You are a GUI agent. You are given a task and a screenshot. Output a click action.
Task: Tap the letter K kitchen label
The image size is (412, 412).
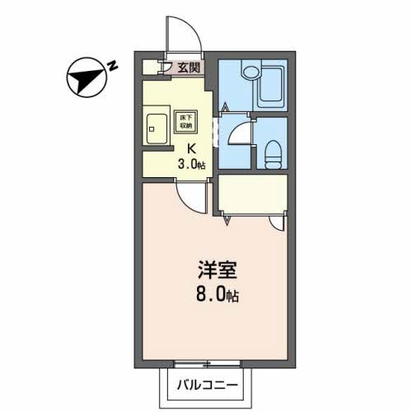click(192, 149)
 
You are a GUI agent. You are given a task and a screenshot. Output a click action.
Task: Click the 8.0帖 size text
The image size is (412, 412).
click(217, 293)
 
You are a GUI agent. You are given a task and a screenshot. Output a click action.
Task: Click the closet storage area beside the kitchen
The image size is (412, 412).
click(251, 196)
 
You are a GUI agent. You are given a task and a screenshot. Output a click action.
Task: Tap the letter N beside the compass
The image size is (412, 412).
click(114, 65)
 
